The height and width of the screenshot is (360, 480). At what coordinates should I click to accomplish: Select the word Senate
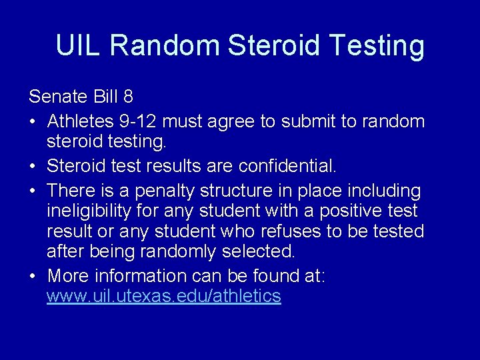click(58, 97)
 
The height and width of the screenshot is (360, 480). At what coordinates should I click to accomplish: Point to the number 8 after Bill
click(128, 97)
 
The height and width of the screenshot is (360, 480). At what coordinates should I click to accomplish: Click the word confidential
click(290, 166)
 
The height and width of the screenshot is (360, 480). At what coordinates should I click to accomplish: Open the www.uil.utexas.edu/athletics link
click(163, 296)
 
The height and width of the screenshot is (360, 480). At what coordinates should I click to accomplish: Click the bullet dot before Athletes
click(33, 122)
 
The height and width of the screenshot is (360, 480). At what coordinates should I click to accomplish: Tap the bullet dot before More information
click(33, 276)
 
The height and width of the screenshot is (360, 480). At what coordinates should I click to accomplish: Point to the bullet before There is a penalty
click(33, 191)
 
